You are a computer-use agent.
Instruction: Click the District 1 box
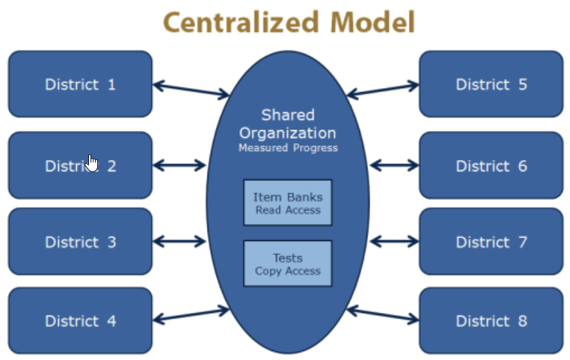80,84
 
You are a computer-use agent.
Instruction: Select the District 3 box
80,242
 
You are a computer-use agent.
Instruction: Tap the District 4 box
80,321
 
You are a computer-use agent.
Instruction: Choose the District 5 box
491,84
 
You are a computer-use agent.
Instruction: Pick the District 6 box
491,165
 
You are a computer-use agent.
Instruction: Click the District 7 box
491,242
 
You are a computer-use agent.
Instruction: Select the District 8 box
491,321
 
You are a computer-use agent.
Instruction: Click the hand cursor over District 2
92,162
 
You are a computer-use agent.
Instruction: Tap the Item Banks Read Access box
287,203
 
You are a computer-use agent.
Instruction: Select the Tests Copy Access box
287,263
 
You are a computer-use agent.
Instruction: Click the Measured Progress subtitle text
288,148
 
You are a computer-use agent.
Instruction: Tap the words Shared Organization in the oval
288,124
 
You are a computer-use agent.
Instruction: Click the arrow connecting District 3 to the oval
180,242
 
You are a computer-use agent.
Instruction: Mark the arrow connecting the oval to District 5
383,89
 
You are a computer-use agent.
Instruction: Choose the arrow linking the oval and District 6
394,165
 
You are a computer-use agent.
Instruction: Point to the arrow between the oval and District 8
383,314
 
